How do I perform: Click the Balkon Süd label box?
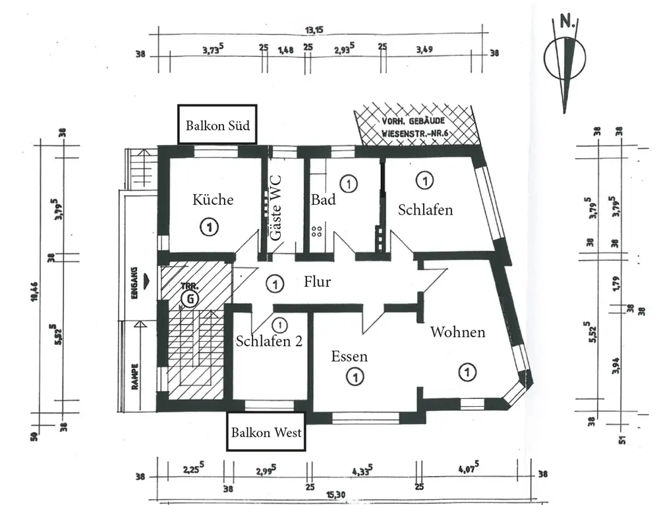(217, 124)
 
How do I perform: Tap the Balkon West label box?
(266, 432)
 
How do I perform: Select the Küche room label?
(213, 199)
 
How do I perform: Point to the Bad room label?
(324, 199)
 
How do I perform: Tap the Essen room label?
(349, 357)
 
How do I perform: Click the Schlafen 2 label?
(269, 341)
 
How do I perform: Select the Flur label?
(317, 282)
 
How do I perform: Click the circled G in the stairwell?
(190, 298)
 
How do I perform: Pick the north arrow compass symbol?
(565, 63)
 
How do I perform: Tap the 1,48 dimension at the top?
(285, 49)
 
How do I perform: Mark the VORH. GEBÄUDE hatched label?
(416, 126)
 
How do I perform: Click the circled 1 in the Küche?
(208, 228)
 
